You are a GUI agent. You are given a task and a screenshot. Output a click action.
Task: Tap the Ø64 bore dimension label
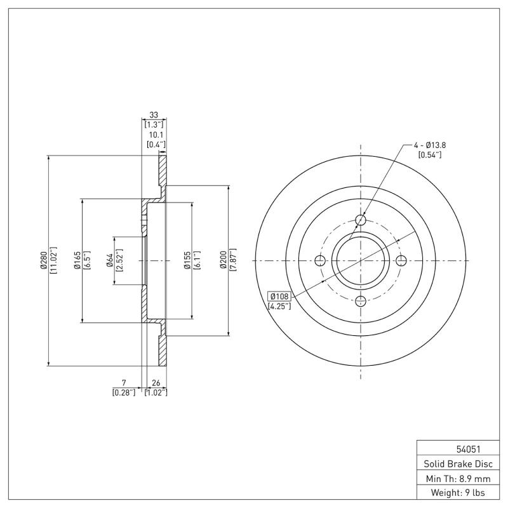[x=109, y=260]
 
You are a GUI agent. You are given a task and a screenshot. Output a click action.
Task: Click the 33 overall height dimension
[x=153, y=115]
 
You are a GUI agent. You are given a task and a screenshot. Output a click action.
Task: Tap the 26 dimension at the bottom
[x=156, y=383]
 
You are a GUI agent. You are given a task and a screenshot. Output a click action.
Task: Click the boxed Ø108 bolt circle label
[x=279, y=297]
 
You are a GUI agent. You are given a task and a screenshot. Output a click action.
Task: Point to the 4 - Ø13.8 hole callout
[x=430, y=145]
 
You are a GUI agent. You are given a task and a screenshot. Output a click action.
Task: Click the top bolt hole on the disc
[x=361, y=220]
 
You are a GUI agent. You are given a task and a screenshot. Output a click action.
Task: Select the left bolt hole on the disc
[x=321, y=260]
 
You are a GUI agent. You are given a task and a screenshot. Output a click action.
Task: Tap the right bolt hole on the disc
[x=401, y=260]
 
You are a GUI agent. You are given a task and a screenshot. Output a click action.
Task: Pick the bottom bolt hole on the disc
[x=361, y=300]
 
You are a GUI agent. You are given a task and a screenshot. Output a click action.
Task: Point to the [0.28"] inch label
[x=123, y=392]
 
